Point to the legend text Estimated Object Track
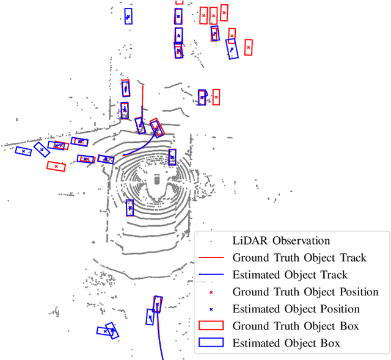click(x=290, y=275)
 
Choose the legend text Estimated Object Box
click(x=287, y=343)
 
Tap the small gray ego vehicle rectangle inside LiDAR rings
click(x=156, y=180)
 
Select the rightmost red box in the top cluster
click(x=247, y=47)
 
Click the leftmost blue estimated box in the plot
click(x=24, y=151)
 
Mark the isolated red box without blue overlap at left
click(x=56, y=165)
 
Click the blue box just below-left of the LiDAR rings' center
click(x=130, y=208)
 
